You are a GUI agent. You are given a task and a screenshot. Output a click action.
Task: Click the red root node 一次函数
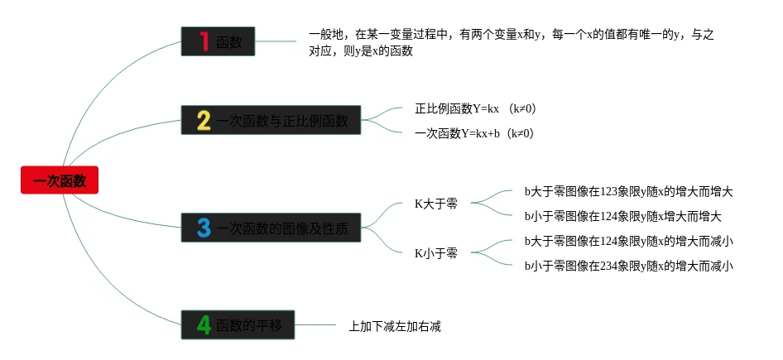point(60,180)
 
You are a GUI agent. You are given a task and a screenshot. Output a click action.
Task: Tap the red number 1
point(204,42)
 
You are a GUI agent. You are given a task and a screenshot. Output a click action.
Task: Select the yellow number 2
point(204,121)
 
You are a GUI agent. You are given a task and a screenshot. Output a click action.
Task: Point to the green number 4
point(204,325)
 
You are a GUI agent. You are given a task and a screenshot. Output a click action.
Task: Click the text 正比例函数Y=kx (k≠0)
point(468,108)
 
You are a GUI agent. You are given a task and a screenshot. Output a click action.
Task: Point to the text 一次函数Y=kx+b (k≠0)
point(473,133)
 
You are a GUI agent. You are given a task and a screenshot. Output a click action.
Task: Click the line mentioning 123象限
point(628,191)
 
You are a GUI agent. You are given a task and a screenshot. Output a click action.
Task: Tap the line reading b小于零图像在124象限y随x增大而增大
point(622,216)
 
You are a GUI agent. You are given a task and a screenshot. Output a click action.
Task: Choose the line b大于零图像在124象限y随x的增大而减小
point(628,241)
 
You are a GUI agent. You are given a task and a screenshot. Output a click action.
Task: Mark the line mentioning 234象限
point(628,266)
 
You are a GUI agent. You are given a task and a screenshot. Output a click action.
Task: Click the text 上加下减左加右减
point(395,326)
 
